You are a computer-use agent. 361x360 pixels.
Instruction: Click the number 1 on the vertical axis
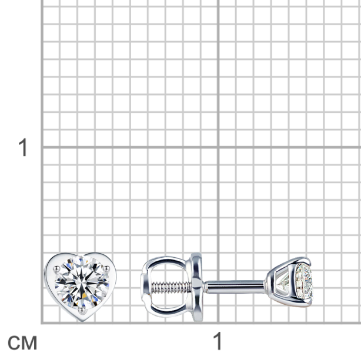pos(23,147)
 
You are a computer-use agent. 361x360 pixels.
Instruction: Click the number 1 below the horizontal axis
pos(218,341)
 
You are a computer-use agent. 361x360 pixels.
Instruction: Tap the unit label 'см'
pos(22,343)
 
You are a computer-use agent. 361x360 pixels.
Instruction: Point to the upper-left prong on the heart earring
pos(56,268)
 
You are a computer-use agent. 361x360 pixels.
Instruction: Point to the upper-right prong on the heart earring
pos(106,268)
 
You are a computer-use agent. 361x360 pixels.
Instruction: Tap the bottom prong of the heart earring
pos(82,311)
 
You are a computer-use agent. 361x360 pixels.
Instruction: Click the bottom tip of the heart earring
pos(81,321)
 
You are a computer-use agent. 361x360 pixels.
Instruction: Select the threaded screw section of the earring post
pos(171,287)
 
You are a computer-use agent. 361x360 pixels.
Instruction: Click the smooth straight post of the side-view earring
pos(235,287)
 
